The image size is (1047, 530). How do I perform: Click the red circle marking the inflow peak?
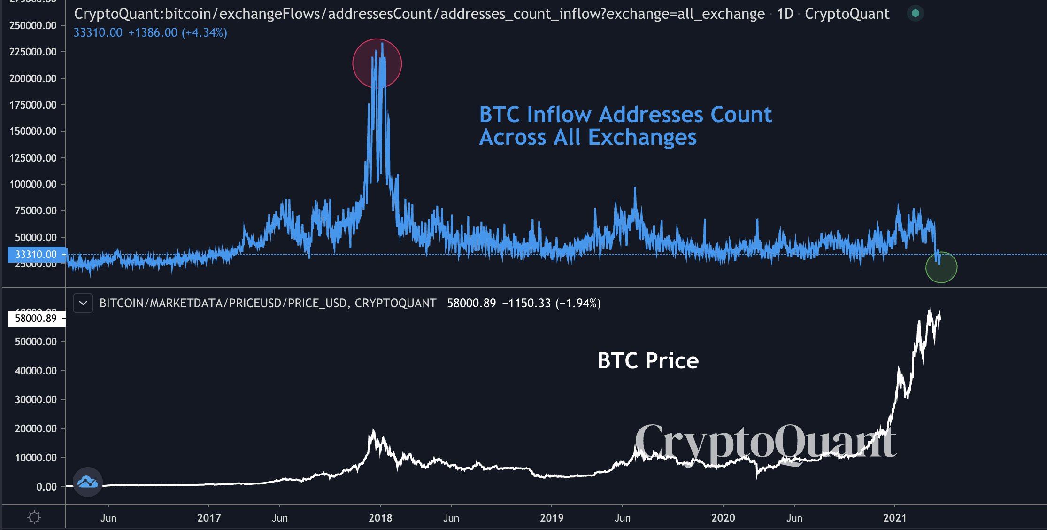(377, 63)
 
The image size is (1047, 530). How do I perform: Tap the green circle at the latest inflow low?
(941, 267)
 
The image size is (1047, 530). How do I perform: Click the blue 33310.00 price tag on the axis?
(36, 254)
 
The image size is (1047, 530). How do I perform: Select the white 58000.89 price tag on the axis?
(36, 318)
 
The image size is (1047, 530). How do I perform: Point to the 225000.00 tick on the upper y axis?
(33, 52)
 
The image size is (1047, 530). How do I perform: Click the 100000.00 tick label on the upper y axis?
(33, 184)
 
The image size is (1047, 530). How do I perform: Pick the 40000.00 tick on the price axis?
(36, 371)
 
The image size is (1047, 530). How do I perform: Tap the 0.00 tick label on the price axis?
(46, 487)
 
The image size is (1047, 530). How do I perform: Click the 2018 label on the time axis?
(380, 518)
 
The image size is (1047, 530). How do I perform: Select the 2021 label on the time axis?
(895, 518)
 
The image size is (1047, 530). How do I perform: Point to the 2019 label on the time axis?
(552, 518)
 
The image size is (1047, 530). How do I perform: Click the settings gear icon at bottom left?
(34, 518)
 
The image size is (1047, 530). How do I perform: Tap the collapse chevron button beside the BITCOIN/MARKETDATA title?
(83, 303)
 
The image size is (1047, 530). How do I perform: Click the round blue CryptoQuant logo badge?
(88, 482)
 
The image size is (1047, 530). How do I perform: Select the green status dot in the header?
(915, 13)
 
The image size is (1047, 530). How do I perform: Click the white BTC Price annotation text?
(648, 361)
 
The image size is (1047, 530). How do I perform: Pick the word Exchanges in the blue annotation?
(642, 138)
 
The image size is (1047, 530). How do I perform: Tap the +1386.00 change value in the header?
(153, 33)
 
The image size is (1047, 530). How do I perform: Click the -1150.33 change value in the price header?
(526, 304)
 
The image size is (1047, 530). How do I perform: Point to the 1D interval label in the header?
(785, 14)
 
